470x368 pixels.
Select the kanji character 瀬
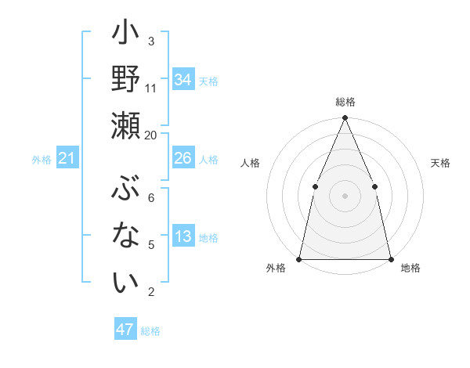125,125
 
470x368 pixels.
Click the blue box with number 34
183,80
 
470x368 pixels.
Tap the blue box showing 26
183,158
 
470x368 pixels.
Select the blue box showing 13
183,237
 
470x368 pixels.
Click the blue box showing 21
67,159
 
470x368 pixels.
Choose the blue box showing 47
125,330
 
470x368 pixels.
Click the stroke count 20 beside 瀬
151,135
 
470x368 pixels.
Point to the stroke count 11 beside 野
151,88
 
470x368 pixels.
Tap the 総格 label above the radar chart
345,103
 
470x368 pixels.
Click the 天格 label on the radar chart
441,163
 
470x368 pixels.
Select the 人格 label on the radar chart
250,163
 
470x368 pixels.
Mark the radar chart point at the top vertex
345,118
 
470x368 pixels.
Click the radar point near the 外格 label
299,259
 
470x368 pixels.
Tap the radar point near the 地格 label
390,259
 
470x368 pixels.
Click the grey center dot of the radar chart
345,196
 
